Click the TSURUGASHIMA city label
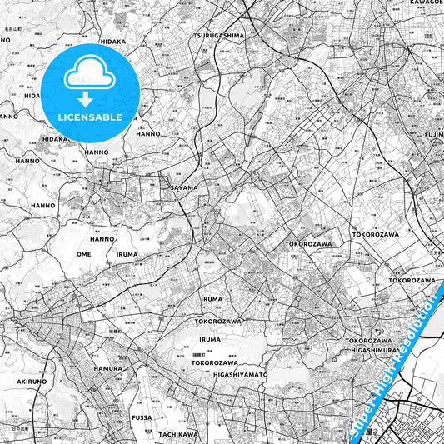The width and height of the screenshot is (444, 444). (x=219, y=36)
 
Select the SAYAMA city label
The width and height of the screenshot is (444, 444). (x=184, y=188)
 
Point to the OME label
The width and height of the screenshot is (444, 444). (x=83, y=254)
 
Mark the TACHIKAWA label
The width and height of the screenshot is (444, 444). (x=177, y=434)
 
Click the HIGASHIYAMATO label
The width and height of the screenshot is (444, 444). (x=240, y=374)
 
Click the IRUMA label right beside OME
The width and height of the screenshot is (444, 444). (x=127, y=254)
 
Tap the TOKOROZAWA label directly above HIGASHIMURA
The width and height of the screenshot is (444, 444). (x=368, y=341)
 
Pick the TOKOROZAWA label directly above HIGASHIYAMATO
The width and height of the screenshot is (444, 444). (x=217, y=362)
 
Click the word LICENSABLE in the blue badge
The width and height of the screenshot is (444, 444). (x=90, y=117)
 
